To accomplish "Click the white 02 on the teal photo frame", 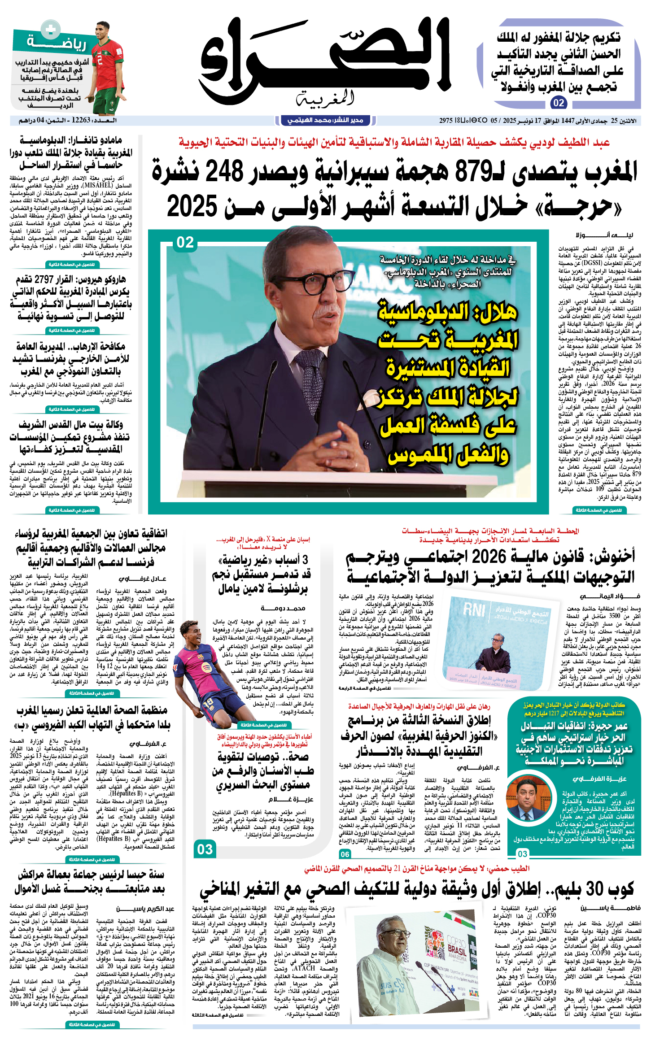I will (x=185, y=243).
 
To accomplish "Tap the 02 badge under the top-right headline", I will (x=559, y=103).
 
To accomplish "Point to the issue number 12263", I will (x=81, y=120).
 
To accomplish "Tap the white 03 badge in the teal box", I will (x=523, y=853).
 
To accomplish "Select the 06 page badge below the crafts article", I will (x=345, y=854).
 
